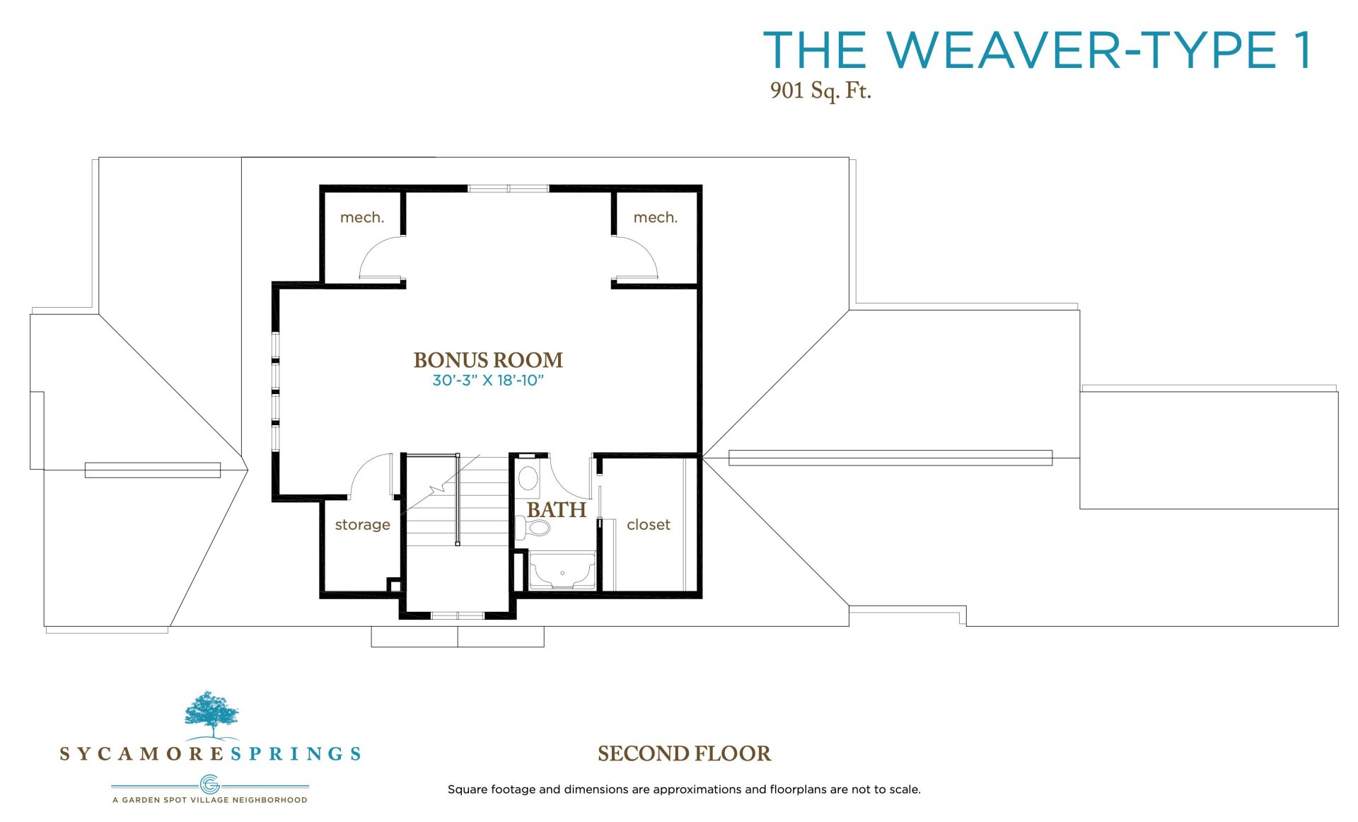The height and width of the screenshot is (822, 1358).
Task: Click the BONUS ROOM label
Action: (x=488, y=360)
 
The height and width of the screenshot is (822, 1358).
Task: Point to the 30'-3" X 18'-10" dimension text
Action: (x=488, y=381)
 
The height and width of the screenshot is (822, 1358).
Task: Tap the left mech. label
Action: (x=362, y=217)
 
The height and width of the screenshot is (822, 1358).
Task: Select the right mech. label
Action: (x=656, y=217)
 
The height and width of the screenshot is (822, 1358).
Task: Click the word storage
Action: (x=363, y=525)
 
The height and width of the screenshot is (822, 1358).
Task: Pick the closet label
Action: (x=649, y=524)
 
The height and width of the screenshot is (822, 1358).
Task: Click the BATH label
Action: (x=557, y=509)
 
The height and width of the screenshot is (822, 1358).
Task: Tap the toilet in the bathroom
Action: (x=533, y=528)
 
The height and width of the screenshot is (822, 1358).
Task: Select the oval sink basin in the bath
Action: (x=528, y=478)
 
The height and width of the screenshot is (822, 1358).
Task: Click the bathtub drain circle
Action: (x=562, y=573)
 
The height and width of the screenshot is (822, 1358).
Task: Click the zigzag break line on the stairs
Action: (x=436, y=489)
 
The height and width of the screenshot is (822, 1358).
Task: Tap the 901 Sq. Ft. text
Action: (x=820, y=91)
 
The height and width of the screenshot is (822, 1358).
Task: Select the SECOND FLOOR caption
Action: (x=684, y=753)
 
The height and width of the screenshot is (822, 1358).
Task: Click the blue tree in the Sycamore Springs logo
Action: (x=211, y=714)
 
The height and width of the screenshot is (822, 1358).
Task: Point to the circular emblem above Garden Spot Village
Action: (x=210, y=785)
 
